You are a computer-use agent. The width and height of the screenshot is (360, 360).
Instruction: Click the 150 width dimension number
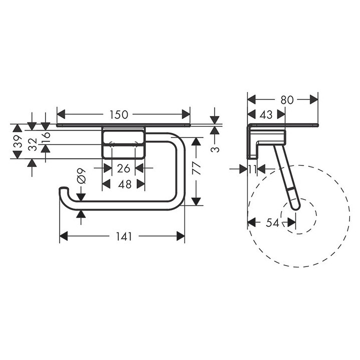coord(118,114)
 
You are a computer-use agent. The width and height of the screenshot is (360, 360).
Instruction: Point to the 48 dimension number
coord(124,184)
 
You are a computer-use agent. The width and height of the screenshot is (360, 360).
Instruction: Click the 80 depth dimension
coord(286,99)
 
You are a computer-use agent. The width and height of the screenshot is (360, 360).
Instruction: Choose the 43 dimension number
coord(266,115)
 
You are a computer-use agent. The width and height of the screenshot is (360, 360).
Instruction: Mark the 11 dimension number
coord(253,169)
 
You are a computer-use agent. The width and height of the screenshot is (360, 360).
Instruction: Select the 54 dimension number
coord(272,223)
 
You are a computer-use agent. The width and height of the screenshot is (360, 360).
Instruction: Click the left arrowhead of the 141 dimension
coord(63,237)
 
